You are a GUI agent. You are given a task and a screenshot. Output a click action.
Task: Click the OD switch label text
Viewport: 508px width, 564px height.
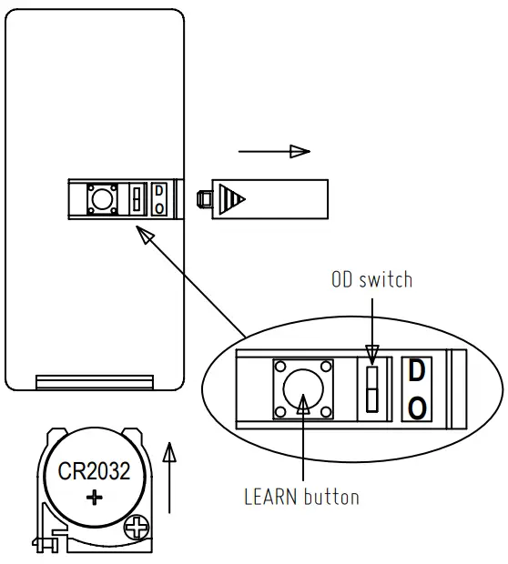click(x=371, y=279)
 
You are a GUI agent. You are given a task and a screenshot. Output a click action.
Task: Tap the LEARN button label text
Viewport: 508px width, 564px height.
click(x=301, y=497)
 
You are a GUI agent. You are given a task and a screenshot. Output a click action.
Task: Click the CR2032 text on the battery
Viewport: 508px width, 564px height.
click(x=94, y=472)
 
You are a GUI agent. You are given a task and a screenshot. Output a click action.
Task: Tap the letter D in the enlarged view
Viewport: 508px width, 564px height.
click(x=416, y=371)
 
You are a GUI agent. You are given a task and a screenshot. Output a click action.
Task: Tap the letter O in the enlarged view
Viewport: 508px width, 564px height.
click(x=416, y=407)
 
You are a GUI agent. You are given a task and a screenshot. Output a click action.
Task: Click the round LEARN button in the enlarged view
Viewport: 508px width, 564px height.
click(x=302, y=389)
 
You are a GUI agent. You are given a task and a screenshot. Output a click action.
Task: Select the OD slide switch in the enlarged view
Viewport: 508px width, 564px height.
click(x=371, y=389)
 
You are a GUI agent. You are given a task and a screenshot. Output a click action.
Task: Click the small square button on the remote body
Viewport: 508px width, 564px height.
click(x=99, y=197)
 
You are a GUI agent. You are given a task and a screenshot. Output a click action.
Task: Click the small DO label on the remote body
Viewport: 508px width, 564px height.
click(x=159, y=198)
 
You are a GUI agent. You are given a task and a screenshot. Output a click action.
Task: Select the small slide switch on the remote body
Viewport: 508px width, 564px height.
click(x=137, y=198)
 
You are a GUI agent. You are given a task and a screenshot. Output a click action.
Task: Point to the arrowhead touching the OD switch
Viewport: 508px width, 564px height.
click(x=371, y=353)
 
